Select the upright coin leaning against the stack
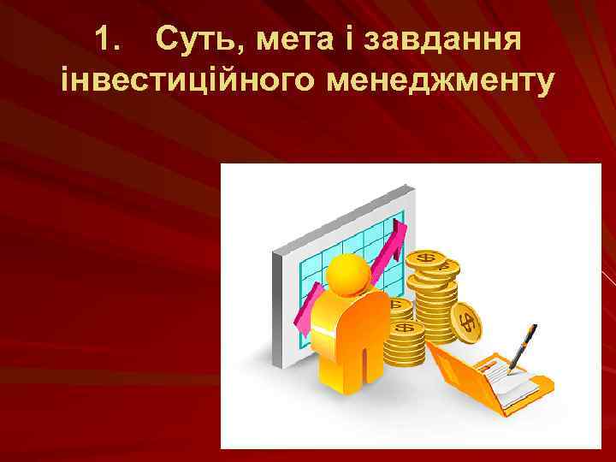point(469,323)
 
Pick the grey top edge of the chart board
point(342,210)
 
